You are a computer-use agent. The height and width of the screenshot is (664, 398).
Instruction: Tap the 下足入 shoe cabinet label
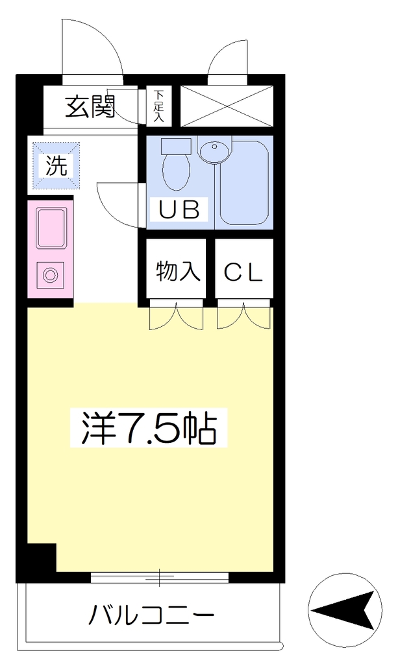[158, 106]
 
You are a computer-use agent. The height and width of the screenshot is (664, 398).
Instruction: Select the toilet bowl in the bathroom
[177, 172]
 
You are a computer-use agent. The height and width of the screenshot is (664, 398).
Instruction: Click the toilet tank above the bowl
[177, 146]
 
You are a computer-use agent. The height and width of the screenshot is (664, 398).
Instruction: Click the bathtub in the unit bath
[243, 182]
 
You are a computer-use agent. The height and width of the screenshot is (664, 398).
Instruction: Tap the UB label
[179, 209]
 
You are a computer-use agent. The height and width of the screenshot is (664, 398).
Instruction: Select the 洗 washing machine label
[56, 165]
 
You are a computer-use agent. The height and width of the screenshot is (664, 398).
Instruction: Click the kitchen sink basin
[51, 228]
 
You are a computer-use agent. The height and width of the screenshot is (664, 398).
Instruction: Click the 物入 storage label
[178, 271]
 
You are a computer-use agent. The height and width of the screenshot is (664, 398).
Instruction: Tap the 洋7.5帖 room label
[149, 427]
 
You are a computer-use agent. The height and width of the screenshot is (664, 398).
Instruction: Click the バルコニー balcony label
[151, 615]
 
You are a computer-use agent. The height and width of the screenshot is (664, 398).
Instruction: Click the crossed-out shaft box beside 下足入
[227, 106]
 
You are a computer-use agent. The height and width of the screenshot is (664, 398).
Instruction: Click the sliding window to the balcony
[160, 577]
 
